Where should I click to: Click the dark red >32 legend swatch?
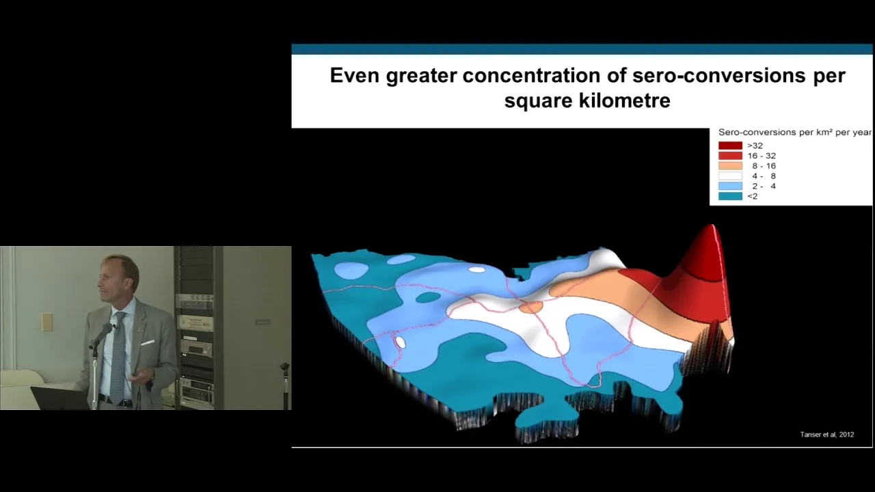click(x=730, y=146)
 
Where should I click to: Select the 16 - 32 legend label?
click(x=762, y=156)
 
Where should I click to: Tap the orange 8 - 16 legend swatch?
click(x=730, y=166)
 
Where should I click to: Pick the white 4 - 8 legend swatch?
click(x=730, y=176)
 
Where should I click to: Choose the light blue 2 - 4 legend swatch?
click(x=730, y=187)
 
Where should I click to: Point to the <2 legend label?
click(x=753, y=196)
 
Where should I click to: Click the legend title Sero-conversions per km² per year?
click(x=795, y=133)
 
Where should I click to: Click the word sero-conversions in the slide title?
click(x=718, y=75)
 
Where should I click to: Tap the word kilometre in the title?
click(x=624, y=100)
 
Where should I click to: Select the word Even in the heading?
click(x=355, y=75)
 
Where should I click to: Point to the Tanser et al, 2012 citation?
click(x=827, y=435)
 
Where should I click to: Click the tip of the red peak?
click(x=713, y=225)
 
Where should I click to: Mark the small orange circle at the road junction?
click(x=531, y=307)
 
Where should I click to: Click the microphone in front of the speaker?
click(x=100, y=336)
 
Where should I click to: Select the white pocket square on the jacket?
click(x=147, y=342)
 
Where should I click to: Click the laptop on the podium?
click(x=61, y=398)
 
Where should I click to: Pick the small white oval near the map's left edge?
click(x=400, y=342)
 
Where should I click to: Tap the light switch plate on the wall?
click(x=47, y=322)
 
